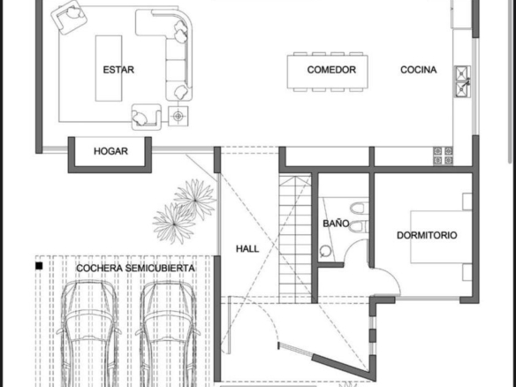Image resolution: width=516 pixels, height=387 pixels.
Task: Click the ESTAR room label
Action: (x=118, y=70)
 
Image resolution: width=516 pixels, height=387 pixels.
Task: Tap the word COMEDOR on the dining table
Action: (x=331, y=70)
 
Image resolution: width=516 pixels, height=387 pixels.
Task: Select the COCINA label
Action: (x=419, y=70)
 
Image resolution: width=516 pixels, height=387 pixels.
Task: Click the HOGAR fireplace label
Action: (x=110, y=151)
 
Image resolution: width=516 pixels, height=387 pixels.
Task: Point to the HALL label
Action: (x=247, y=249)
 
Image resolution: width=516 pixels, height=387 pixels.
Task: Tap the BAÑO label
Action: (x=336, y=224)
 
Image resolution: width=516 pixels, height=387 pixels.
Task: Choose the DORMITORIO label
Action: (x=427, y=235)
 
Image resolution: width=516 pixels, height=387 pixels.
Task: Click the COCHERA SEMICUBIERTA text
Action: (x=135, y=269)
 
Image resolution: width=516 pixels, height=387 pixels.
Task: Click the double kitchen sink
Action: (x=463, y=81)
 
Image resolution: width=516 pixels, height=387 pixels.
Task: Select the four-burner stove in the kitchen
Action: (x=443, y=156)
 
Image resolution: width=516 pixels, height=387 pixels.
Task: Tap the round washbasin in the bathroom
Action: (x=325, y=251)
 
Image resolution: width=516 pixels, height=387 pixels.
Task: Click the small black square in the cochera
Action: (x=39, y=266)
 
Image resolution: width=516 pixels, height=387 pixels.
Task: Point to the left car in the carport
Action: (x=89, y=334)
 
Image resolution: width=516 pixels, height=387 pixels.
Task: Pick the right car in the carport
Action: (x=168, y=334)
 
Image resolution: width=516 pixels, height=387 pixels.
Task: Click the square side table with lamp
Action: (x=178, y=116)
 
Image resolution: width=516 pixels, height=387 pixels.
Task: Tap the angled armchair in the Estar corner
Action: (x=69, y=17)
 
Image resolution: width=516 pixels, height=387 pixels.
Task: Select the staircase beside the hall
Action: (x=295, y=239)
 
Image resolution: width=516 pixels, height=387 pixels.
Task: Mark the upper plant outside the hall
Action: (x=195, y=199)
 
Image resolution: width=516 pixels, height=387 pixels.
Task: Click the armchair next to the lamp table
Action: (x=147, y=117)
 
